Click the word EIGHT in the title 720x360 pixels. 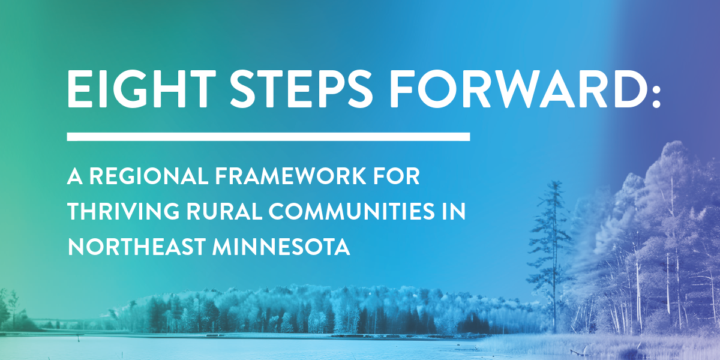[141, 88]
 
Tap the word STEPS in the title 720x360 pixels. [301, 88]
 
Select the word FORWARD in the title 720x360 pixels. [519, 88]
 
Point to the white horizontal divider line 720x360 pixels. [268, 137]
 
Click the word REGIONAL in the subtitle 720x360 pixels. [149, 176]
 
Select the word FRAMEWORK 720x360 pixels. [290, 176]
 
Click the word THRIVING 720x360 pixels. [123, 211]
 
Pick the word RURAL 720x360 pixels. [224, 211]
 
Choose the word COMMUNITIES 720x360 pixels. [352, 211]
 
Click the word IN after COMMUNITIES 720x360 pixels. [454, 211]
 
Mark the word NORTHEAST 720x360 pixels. [137, 247]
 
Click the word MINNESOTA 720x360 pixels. [281, 247]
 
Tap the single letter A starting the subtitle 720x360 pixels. [74, 176]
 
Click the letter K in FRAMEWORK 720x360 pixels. [358, 176]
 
